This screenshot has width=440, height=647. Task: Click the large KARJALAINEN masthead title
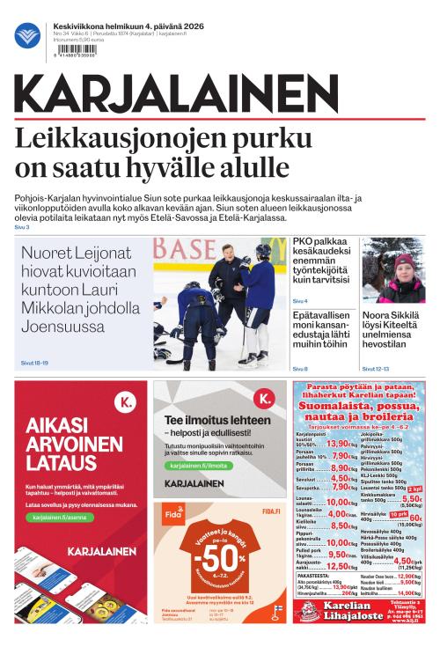[x=176, y=95]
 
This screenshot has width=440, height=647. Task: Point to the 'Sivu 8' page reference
[x=300, y=368]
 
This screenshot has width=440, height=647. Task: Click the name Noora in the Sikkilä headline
[x=377, y=314]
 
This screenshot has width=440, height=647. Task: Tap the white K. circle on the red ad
[x=128, y=402]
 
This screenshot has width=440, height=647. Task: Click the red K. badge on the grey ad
[x=265, y=401]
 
